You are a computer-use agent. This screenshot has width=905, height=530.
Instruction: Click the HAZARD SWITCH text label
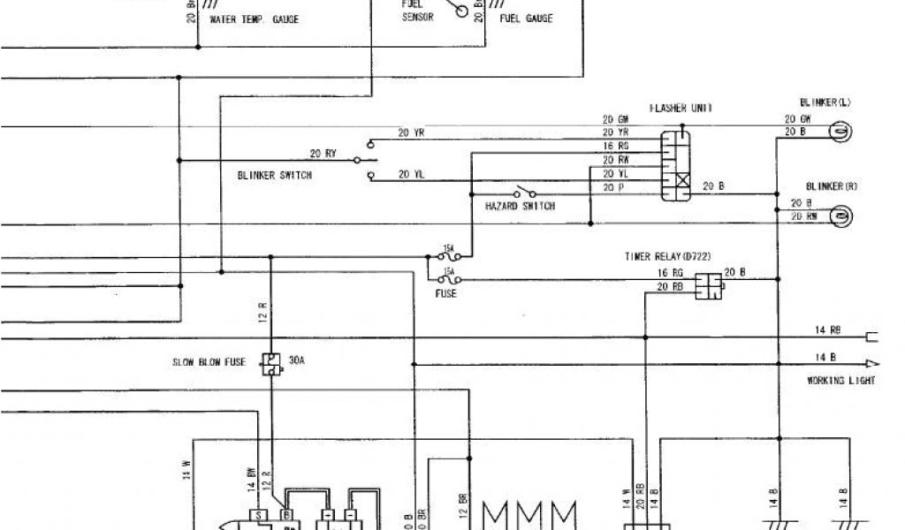(520, 206)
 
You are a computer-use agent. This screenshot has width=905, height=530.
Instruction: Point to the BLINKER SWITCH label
(274, 175)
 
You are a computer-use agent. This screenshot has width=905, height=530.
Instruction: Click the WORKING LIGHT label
(840, 381)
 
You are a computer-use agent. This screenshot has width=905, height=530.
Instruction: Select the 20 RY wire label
(323, 153)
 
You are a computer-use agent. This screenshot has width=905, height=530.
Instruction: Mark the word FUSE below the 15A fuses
(446, 292)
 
